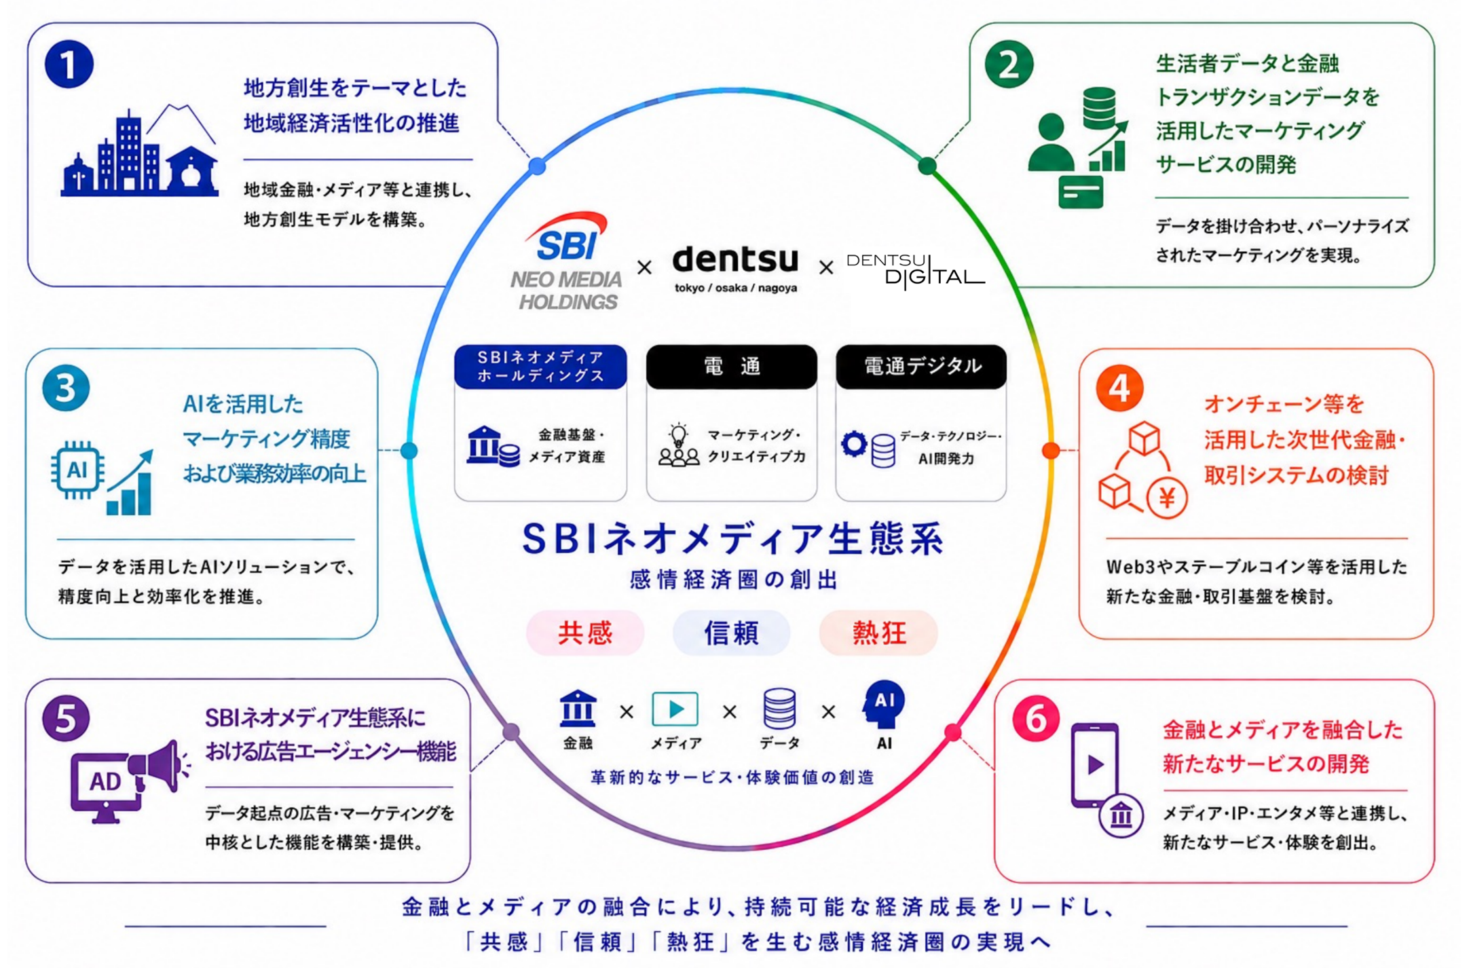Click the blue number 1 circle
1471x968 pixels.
(x=69, y=64)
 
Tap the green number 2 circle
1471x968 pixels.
(x=1009, y=64)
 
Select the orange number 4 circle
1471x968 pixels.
(x=1119, y=388)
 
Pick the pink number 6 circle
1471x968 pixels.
(x=1036, y=718)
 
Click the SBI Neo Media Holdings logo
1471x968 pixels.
(x=567, y=261)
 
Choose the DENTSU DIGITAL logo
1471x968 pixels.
(x=915, y=271)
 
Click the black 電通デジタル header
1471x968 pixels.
(x=921, y=367)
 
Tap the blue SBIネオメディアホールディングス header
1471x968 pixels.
(x=540, y=367)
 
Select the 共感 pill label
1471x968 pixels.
(x=585, y=633)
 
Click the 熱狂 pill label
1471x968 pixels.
(x=878, y=633)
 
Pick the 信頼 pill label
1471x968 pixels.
(x=731, y=633)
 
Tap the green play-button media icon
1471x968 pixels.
(x=675, y=709)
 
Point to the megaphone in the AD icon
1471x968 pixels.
(x=158, y=767)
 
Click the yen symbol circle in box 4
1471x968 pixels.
(x=1167, y=498)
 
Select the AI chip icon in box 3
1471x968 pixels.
(x=77, y=470)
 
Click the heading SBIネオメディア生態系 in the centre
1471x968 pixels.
(x=732, y=538)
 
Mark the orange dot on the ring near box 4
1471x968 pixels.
(x=1051, y=449)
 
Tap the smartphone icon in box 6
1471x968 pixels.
(x=1094, y=766)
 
